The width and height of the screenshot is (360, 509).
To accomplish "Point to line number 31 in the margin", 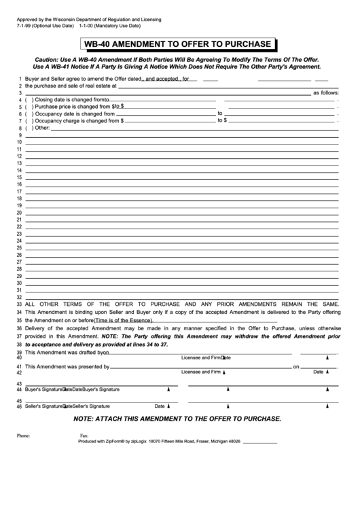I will click(19, 290).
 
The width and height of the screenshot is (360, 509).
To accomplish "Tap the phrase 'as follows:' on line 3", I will click(325, 92).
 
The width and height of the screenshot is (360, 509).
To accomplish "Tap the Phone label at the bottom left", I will click(23, 436).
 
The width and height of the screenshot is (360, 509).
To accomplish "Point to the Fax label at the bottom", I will click(84, 436).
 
